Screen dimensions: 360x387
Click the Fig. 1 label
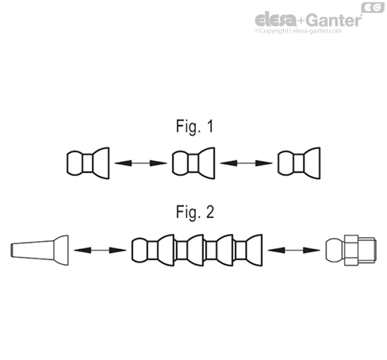coord(194,126)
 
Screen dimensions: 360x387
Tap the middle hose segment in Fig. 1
coord(193,164)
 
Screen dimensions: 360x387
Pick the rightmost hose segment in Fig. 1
coord(299,164)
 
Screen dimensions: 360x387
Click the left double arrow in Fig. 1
coord(140,164)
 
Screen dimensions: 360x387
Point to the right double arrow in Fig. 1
coord(246,164)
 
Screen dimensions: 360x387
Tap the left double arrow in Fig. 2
coord(100,250)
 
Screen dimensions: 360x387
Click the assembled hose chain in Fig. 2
coord(197,250)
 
